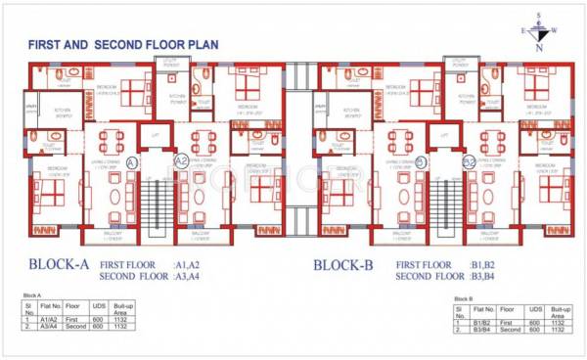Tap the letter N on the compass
(x=538, y=46)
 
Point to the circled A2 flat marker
(x=181, y=160)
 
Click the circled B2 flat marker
(x=469, y=160)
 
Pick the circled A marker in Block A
(x=132, y=160)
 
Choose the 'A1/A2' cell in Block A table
(x=49, y=319)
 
